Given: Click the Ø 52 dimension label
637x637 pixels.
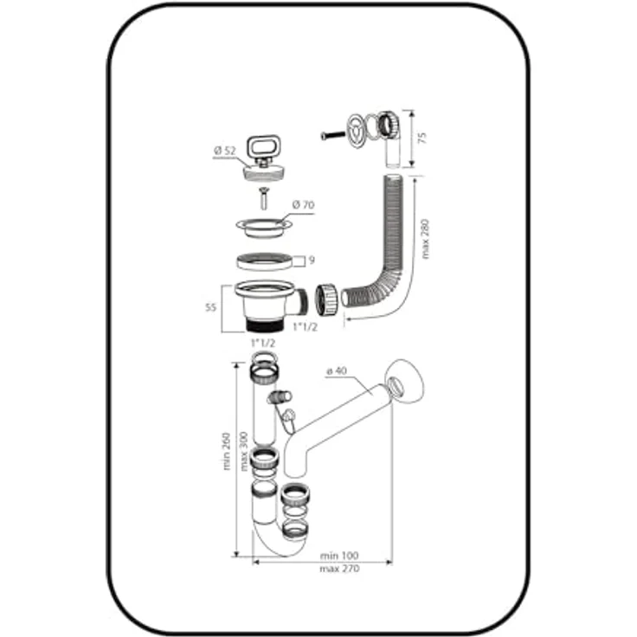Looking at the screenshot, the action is pos(225,151).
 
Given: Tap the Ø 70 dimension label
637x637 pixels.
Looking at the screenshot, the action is pos(303,205).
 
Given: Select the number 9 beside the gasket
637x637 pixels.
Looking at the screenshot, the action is pos(312,260).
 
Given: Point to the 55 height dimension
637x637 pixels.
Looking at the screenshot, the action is pos(210,307).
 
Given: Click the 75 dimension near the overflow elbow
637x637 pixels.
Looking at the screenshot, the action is pos(423,138).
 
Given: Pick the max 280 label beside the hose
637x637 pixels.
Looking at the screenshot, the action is pos(425,239).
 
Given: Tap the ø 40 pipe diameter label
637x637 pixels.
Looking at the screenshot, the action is pos(337,371).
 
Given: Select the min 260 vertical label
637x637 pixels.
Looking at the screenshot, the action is pos(227,451).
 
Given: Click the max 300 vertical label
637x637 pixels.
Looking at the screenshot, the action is pos(244,451).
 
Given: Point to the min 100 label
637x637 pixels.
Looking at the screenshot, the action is pos(339,556).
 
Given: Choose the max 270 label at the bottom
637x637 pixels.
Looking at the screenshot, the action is pos(339,569).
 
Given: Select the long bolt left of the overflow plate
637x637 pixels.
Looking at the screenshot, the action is pos(333,135).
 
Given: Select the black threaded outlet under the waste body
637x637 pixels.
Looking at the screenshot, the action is pos(263,325).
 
